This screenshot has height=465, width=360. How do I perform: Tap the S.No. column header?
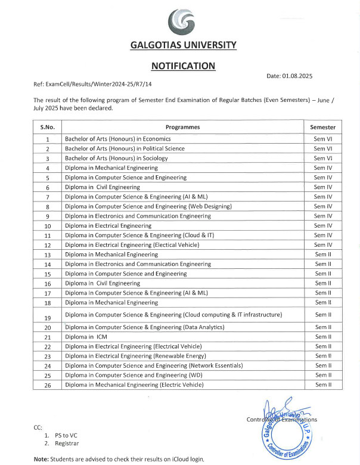coord(48,127)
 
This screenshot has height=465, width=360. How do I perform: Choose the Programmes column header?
coord(182,127)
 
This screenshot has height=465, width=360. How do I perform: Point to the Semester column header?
coord(322,127)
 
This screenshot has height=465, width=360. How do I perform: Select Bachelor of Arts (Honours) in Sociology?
coord(116,158)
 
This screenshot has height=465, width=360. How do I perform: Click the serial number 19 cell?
coord(48,317)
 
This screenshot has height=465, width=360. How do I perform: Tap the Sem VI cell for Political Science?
coord(322,148)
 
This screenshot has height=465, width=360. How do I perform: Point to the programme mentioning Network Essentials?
coord(154,365)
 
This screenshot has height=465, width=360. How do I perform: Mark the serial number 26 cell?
coord(48,385)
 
